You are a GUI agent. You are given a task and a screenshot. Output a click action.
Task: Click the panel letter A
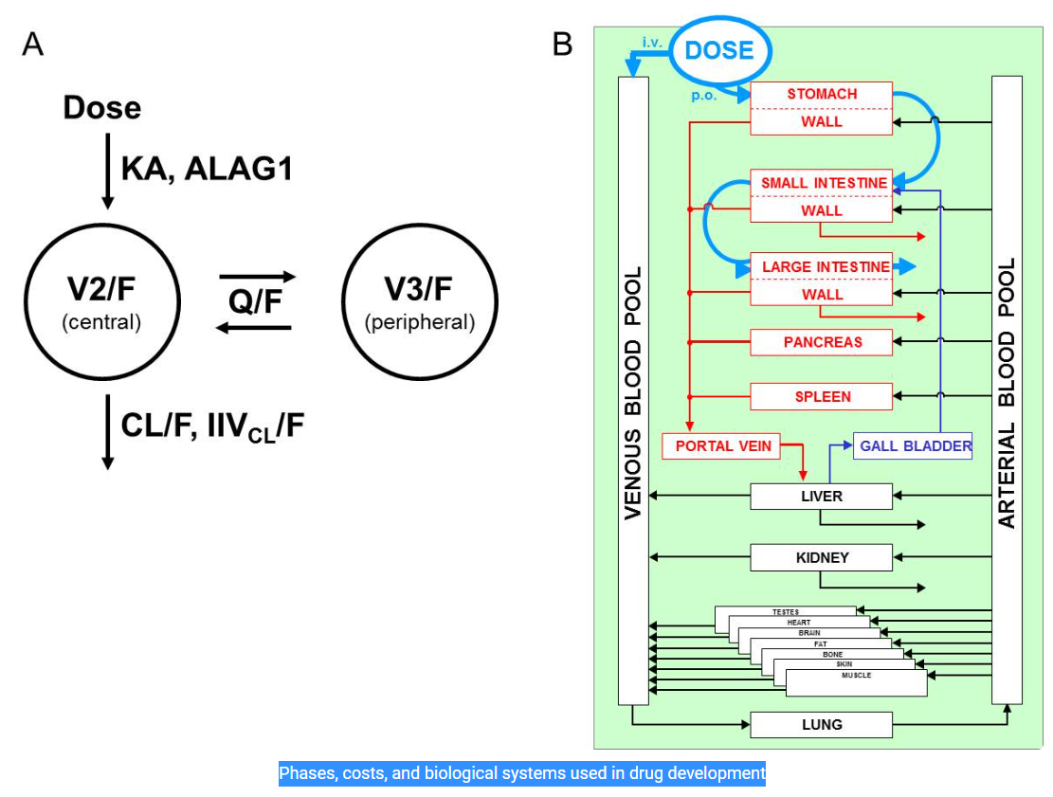coord(32,44)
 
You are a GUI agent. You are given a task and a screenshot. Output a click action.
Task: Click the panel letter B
coord(563,44)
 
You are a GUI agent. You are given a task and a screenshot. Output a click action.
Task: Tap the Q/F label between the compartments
coord(255,301)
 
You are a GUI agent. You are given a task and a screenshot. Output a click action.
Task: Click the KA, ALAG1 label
coord(207,169)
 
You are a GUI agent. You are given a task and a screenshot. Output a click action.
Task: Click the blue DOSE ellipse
coord(719,50)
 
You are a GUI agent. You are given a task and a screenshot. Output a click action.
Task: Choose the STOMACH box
coord(821,95)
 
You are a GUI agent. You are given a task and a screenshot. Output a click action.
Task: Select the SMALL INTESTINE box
coord(821,183)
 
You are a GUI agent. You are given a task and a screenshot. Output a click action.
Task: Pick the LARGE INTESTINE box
coord(821,267)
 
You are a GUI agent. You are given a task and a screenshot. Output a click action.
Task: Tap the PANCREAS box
coord(821,342)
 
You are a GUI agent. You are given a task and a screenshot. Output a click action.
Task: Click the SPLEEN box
coord(821,396)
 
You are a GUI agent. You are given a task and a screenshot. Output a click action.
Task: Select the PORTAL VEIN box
coord(723,445)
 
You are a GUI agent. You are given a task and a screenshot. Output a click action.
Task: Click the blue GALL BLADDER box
coord(914,446)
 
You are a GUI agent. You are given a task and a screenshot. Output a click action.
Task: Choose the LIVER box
coord(821,496)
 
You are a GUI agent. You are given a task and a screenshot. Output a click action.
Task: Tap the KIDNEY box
coord(821,557)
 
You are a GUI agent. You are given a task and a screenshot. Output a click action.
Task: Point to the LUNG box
coord(821,725)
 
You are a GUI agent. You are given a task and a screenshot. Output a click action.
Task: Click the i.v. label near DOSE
coord(652,43)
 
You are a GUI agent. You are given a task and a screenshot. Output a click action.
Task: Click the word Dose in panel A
coord(101,108)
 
